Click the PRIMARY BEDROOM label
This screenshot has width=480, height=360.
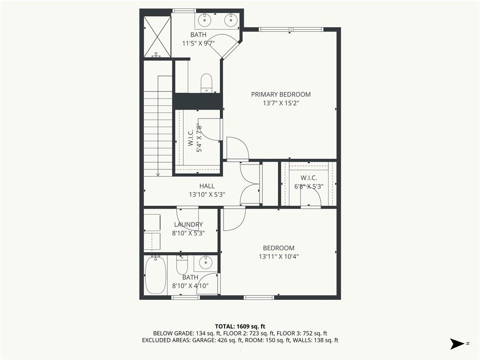(280, 94)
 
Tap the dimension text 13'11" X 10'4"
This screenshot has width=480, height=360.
(278, 256)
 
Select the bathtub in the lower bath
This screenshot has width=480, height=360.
(155, 276)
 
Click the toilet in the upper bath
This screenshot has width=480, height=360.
(206, 83)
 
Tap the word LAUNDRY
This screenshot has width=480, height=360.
(188, 225)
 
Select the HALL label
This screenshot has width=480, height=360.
(207, 186)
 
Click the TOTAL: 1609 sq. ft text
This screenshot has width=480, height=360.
(240, 326)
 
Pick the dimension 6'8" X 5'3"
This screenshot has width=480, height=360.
(309, 186)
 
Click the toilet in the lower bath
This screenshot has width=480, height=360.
(182, 266)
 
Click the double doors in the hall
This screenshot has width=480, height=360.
(250, 183)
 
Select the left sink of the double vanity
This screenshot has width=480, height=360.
(205, 20)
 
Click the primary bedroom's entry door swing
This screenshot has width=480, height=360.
(237, 149)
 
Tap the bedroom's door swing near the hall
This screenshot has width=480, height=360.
(233, 219)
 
